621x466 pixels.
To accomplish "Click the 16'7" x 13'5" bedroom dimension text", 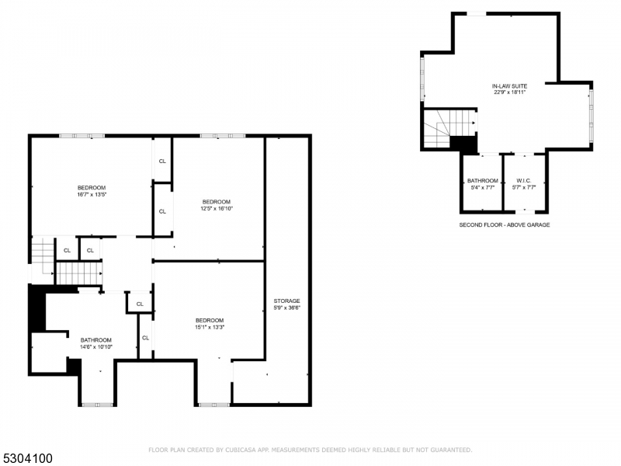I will click(x=92, y=194).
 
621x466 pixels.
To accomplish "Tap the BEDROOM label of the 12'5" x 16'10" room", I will click(x=217, y=202).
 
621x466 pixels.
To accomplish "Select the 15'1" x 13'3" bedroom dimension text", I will click(x=210, y=327).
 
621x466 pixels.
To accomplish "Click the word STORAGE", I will click(x=286, y=301).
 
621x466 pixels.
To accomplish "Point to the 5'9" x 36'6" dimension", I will click(x=286, y=308).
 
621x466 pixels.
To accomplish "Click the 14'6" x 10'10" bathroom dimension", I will click(x=96, y=346).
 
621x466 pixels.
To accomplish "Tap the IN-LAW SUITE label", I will click(x=509, y=85).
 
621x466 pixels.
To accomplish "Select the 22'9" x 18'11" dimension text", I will click(x=509, y=92).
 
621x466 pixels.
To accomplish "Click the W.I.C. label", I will click(x=523, y=181).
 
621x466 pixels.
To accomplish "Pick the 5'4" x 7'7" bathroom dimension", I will click(x=483, y=187).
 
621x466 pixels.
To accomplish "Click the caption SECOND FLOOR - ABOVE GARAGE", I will click(x=505, y=224).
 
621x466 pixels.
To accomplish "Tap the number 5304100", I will click(x=27, y=458).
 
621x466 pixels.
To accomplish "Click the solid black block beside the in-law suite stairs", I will click(x=463, y=144).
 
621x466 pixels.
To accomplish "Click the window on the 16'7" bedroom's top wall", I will click(x=82, y=136).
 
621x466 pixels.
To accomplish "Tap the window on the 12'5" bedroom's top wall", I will click(x=223, y=136).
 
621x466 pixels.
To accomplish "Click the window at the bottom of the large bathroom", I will click(x=97, y=404).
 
